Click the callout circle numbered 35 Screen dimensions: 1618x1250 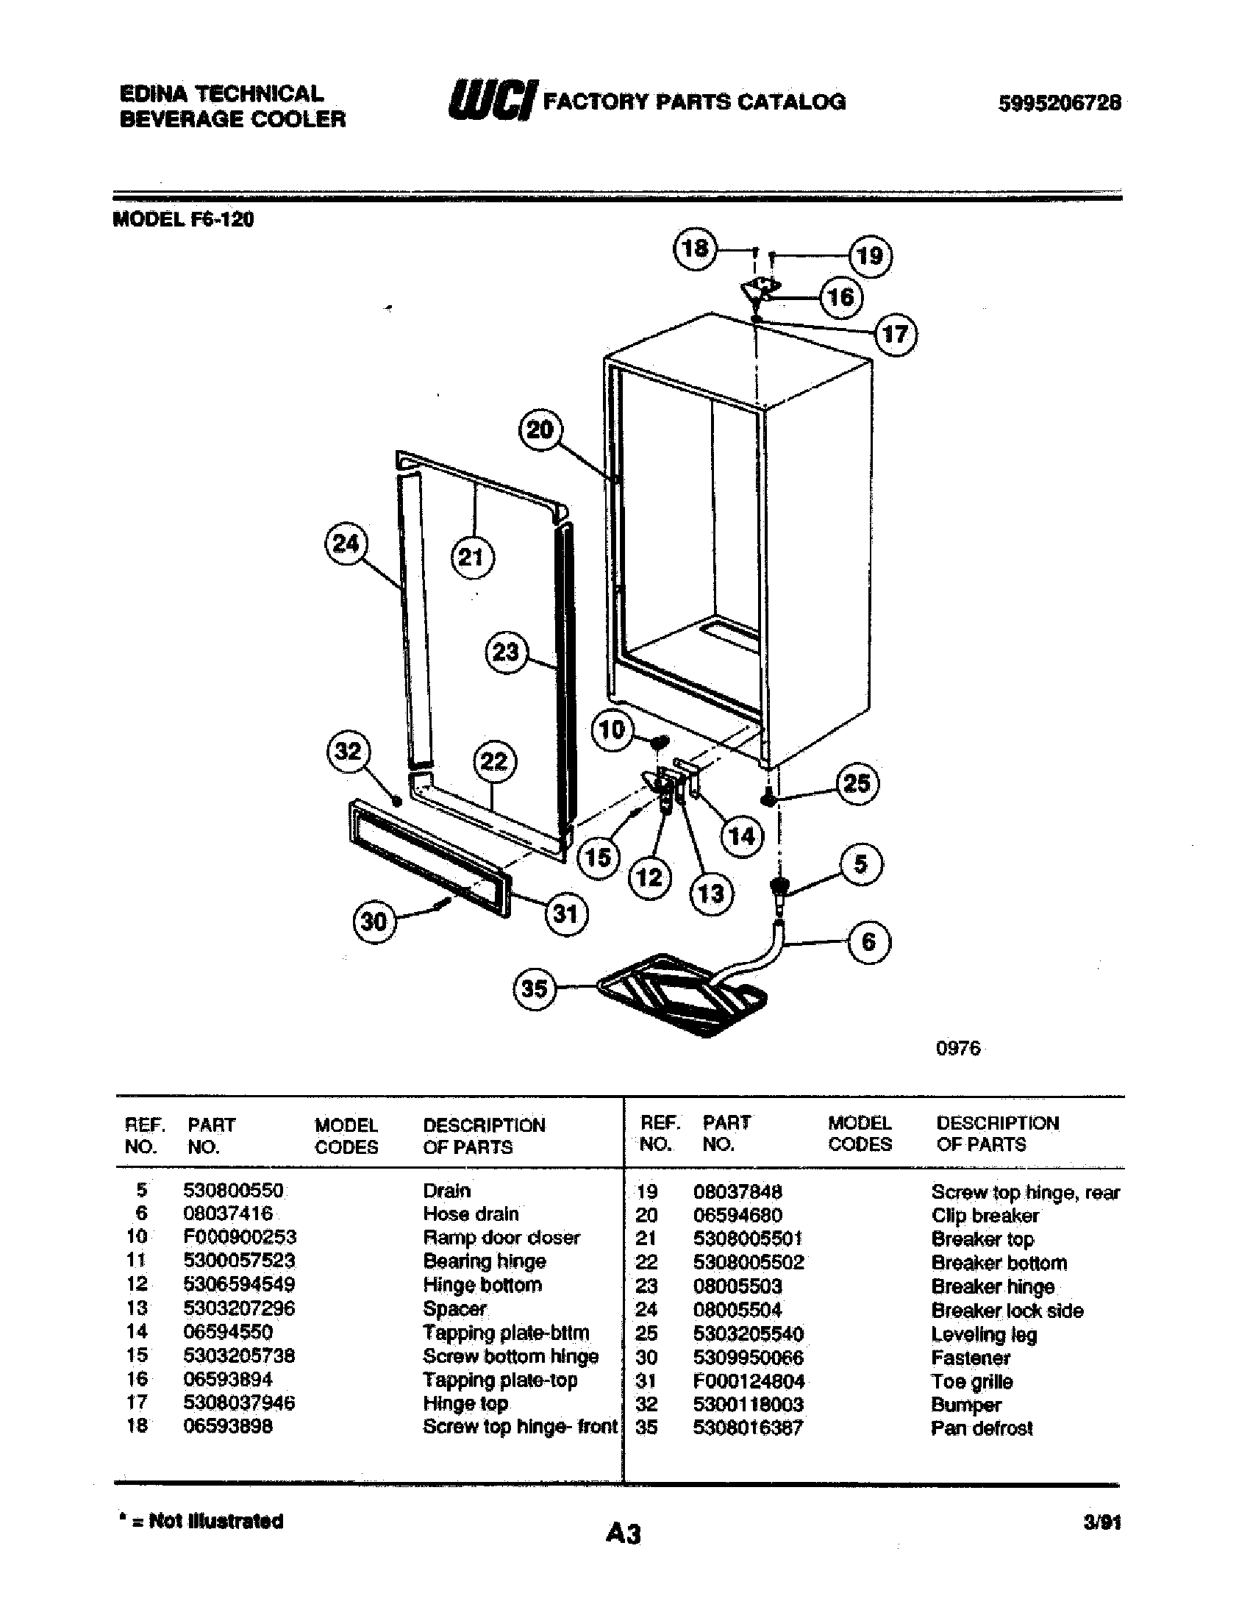(534, 988)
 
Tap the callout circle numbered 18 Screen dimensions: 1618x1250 (695, 247)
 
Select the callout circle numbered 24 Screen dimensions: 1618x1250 (346, 544)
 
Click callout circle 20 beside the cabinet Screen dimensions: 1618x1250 (540, 429)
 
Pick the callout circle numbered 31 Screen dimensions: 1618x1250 (565, 913)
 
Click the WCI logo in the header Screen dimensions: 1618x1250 (492, 101)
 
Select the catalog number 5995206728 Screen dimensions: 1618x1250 (1059, 103)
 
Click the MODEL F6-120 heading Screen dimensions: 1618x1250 (183, 220)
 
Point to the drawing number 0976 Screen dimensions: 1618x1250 (957, 1048)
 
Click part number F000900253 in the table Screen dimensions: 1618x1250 (239, 1237)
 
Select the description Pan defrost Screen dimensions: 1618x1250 (981, 1428)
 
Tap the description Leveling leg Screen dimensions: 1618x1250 (983, 1334)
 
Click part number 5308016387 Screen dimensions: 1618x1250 (748, 1428)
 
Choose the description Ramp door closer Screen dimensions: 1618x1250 (501, 1237)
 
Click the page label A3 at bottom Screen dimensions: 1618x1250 (623, 1533)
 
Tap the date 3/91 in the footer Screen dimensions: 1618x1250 (1102, 1522)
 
